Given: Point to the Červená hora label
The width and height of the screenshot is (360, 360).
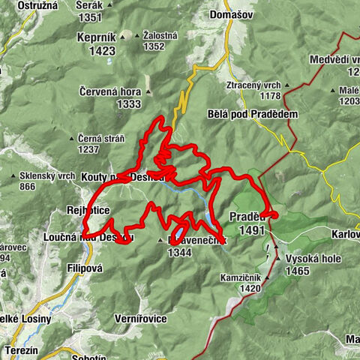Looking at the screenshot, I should pos(109,91).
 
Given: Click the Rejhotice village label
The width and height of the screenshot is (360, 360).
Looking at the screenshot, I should pos(88,211).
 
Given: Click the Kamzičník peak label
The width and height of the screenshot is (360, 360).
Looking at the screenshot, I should pos(241,277).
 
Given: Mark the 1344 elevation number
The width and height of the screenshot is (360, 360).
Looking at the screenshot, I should pos(180,253).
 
